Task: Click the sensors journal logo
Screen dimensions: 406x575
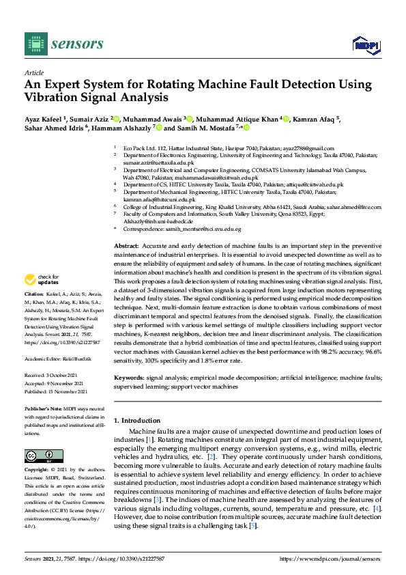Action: coord(64,44)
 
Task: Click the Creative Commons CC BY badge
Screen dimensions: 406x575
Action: coord(39,455)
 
